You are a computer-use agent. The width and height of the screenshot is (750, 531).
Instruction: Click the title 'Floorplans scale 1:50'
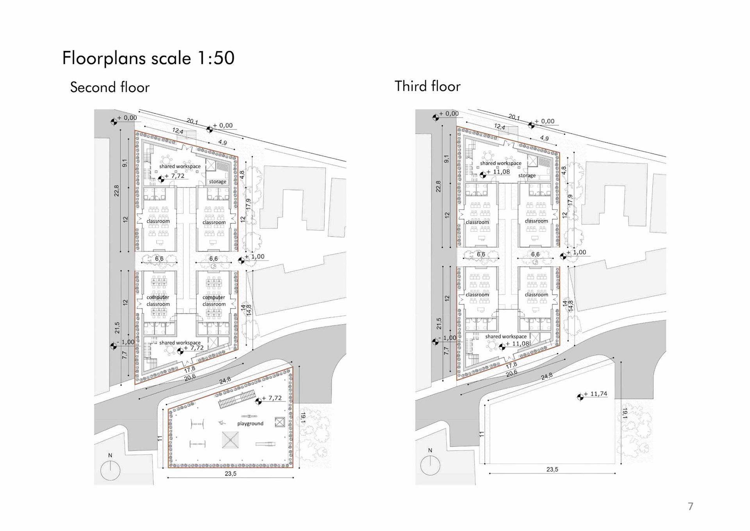point(148,58)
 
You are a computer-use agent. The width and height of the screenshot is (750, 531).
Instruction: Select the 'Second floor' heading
point(110,87)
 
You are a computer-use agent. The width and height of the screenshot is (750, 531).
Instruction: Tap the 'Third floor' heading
point(427,86)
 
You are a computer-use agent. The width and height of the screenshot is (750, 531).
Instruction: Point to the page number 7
point(691,506)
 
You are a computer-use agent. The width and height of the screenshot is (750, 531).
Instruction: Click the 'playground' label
point(250,423)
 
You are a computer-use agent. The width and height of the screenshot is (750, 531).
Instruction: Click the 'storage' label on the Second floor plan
point(218,181)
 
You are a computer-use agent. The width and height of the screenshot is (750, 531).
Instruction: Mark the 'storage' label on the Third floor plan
point(527,175)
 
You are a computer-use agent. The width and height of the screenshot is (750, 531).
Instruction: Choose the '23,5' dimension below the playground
point(230,474)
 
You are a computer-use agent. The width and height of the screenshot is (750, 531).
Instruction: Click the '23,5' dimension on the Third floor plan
point(552,469)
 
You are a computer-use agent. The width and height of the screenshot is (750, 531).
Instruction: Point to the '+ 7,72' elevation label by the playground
point(271,398)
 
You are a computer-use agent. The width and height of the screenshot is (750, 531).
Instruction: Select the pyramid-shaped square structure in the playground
point(230,440)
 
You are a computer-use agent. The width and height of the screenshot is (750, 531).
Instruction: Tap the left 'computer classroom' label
point(158,301)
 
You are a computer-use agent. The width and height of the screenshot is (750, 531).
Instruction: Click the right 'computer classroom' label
point(214,301)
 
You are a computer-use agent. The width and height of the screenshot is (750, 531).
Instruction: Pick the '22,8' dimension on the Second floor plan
point(116,190)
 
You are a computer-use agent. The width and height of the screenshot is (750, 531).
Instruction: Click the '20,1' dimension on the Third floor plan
point(514,117)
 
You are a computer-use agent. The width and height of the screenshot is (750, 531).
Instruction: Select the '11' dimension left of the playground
point(159,439)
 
